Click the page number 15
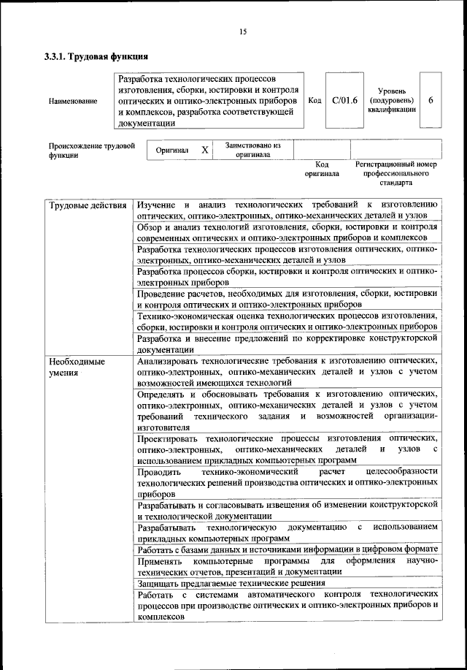(243, 31)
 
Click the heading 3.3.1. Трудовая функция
(97, 56)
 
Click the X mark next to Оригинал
(205, 150)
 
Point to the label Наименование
(73, 101)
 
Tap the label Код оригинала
(322, 170)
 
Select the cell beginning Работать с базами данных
(287, 548)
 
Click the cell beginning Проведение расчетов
(287, 299)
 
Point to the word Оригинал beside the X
(173, 150)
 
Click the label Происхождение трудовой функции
(92, 151)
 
